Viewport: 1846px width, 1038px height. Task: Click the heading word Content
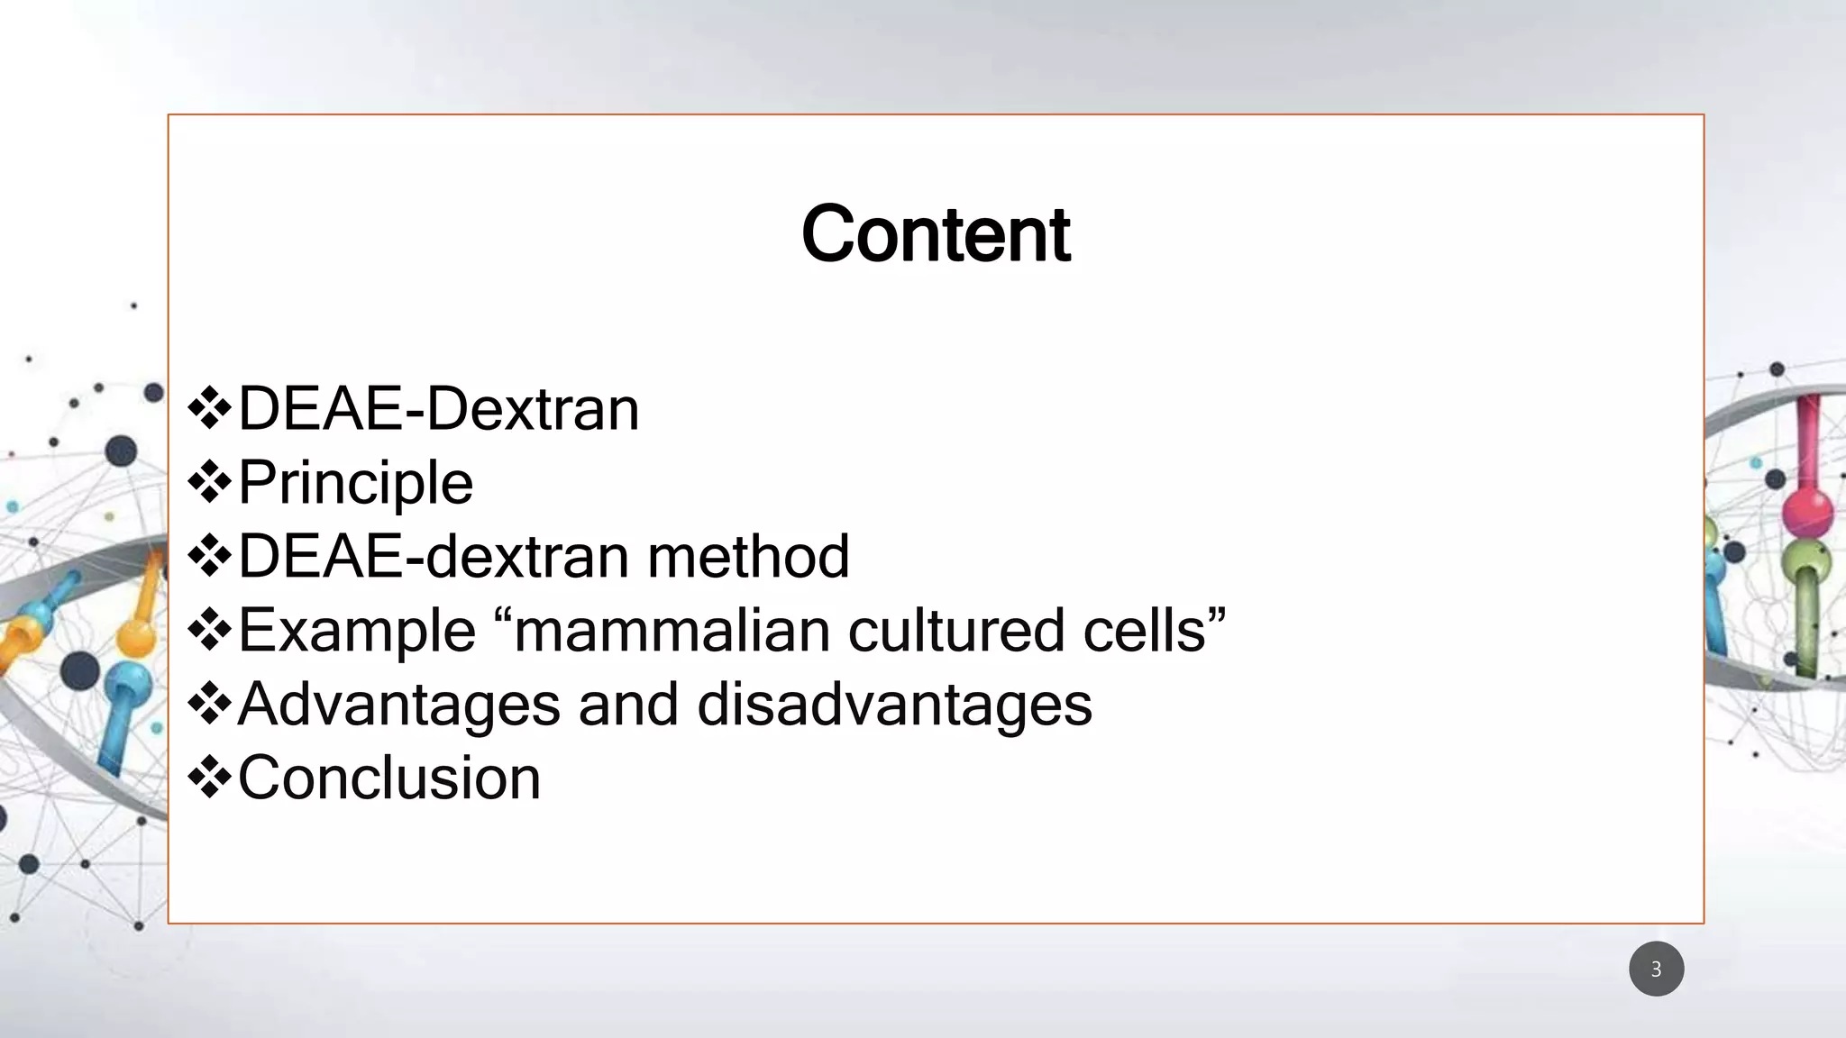coord(935,234)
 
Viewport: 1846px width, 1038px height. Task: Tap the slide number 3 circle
coord(1656,970)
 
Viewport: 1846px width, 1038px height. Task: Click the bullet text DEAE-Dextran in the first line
coord(438,410)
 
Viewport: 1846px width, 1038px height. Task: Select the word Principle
coord(355,483)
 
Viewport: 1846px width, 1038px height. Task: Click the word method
coord(748,557)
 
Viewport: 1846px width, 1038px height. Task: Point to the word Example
coord(357,631)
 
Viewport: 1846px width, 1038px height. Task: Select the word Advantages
coord(398,705)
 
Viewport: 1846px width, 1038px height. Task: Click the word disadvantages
coord(894,705)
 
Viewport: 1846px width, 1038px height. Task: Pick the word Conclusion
coord(389,778)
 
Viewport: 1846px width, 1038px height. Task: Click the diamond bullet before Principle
coord(210,483)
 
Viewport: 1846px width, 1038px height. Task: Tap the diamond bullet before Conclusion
coord(210,778)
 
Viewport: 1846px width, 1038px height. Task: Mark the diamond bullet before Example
coord(210,631)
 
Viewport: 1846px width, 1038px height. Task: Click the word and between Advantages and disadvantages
coord(628,705)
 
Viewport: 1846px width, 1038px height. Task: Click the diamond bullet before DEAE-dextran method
coord(210,557)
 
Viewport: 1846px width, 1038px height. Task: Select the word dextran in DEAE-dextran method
coord(527,557)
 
